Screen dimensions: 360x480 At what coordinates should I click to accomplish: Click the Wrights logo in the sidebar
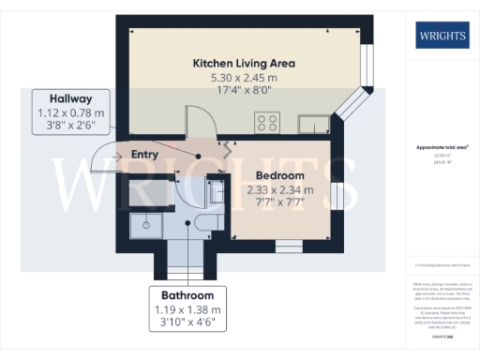pos(442,37)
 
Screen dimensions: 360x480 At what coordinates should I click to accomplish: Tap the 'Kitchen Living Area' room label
pos(244,63)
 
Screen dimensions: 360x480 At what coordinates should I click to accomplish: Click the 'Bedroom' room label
pos(279,175)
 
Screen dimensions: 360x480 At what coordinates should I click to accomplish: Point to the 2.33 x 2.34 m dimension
pos(279,190)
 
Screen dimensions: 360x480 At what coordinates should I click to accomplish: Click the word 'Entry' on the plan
pos(144,154)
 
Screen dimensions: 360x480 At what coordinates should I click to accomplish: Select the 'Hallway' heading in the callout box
pos(71,98)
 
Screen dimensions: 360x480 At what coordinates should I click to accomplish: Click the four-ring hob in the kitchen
pos(268,121)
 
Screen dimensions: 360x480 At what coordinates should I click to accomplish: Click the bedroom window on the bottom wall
pos(287,246)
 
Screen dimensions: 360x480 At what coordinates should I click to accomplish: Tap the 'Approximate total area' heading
pos(441,148)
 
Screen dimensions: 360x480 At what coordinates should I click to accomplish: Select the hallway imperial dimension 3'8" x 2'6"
pos(71,127)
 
